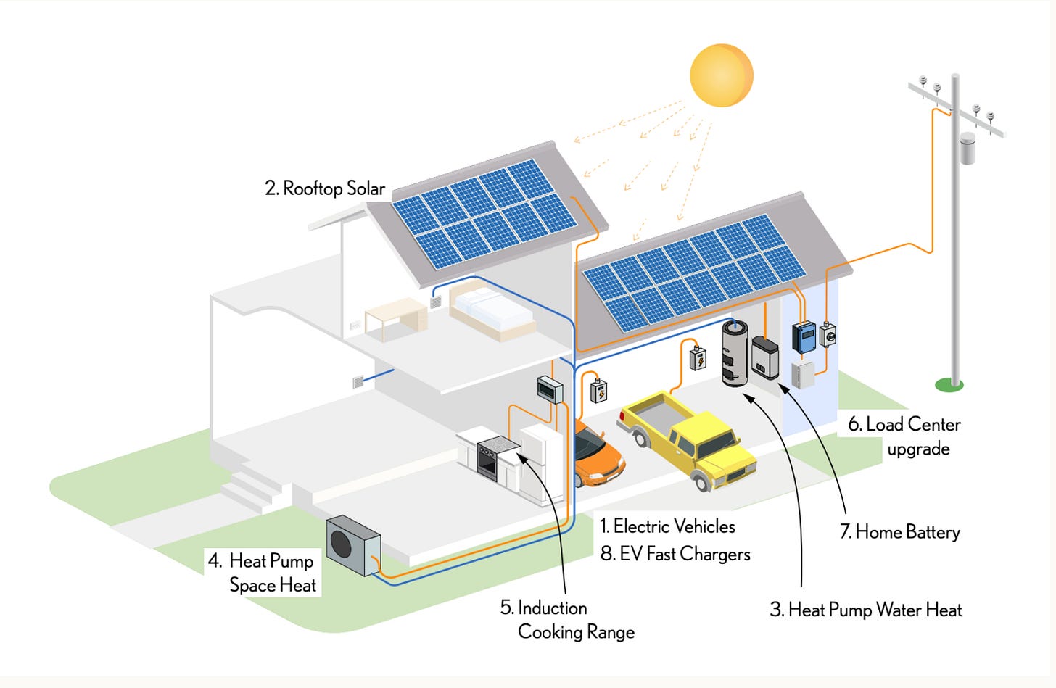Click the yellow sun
point(722,75)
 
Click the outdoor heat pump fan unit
point(352,545)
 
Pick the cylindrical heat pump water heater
point(735,353)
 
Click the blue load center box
point(804,337)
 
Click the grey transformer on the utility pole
point(967,148)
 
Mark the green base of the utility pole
point(949,385)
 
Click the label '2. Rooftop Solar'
point(325,188)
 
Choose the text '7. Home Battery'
point(899,532)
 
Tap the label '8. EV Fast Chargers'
point(675,554)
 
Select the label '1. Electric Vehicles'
point(667,526)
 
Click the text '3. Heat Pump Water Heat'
point(865,610)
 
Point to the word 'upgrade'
point(918,449)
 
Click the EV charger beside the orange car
point(598,391)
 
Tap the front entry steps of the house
point(250,486)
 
